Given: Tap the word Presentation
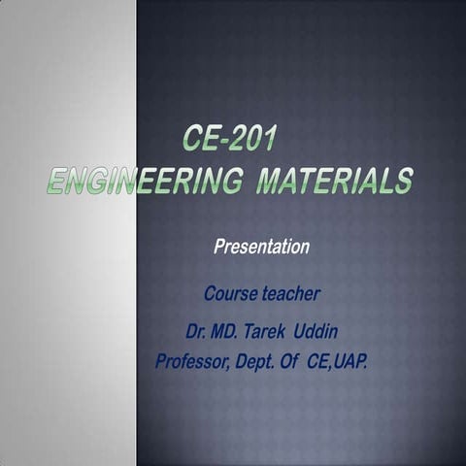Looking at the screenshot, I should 261,247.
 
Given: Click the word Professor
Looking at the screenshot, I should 193,362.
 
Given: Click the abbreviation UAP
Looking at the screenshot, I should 350,362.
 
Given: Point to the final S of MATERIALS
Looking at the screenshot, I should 403,182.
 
